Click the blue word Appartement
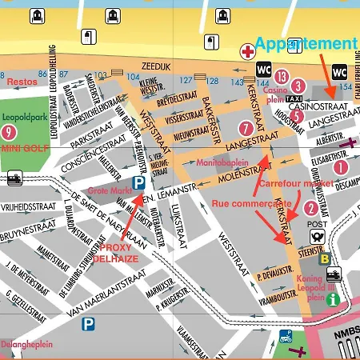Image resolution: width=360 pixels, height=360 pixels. click(x=307, y=43)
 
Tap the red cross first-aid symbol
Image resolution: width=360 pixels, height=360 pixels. click(x=248, y=50)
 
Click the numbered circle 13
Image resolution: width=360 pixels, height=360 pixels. click(x=281, y=77)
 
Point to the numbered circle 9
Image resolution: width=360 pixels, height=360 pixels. click(x=8, y=133)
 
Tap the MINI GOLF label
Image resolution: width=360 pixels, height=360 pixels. click(x=22, y=149)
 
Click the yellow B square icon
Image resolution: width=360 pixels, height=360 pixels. click(x=325, y=259)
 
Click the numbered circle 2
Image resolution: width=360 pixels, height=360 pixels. click(x=310, y=209)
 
